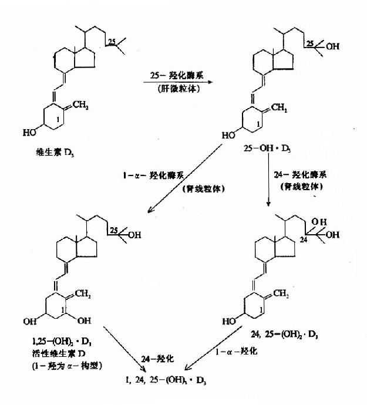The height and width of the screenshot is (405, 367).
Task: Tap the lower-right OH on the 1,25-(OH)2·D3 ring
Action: [85, 322]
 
